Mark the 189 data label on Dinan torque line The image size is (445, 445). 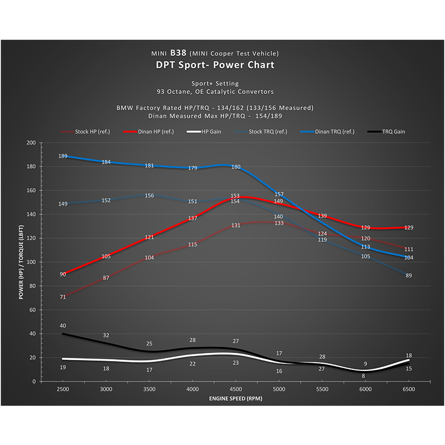[63, 156]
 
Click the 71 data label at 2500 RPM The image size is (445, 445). [63, 297]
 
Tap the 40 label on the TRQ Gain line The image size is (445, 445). [63, 325]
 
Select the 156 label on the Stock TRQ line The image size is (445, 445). [150, 196]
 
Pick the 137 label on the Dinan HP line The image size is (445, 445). [192, 219]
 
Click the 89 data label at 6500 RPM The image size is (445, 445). [409, 275]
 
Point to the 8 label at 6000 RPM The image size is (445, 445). [363, 376]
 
